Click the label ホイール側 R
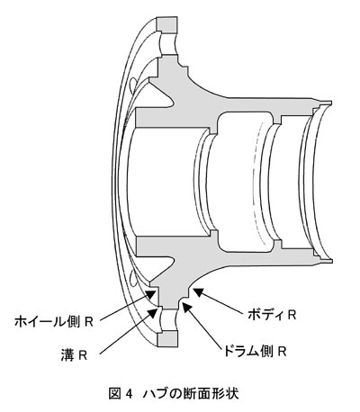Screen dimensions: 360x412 coord(54,322)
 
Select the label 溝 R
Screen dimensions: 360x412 coord(74,355)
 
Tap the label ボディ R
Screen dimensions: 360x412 coord(273,315)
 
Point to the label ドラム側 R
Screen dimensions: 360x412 coord(254,351)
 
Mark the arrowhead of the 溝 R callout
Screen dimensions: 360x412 coord(152,312)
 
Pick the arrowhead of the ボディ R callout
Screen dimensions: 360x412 coord(198,292)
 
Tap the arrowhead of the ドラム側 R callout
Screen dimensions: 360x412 coord(186,308)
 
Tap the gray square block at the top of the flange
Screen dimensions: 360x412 coord(167,24)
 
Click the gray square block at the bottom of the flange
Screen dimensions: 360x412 coord(167,339)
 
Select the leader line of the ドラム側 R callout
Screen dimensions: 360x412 coord(204,328)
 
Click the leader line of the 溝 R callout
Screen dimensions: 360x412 coord(125,334)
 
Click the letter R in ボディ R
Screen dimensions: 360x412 coord(292,315)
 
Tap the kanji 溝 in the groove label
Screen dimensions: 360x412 coord(67,355)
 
